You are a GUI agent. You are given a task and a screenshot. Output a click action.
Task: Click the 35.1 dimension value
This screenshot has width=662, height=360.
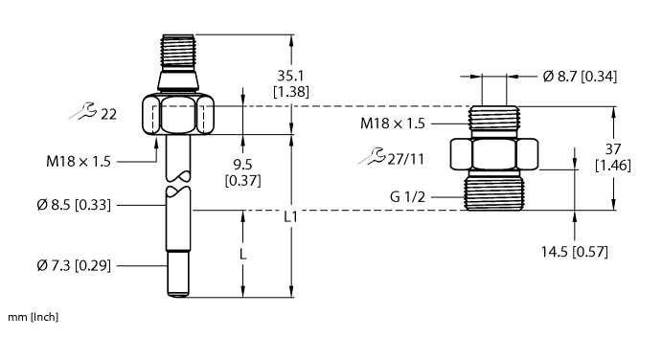(x=290, y=76)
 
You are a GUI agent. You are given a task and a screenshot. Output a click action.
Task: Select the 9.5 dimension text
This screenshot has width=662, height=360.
(x=242, y=164)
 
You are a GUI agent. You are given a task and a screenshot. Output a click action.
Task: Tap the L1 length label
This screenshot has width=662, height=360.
(x=290, y=217)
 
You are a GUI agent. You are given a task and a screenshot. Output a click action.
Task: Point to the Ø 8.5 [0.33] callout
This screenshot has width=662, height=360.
(x=74, y=205)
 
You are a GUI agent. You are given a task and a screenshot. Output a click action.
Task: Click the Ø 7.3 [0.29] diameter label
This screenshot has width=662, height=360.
(x=74, y=266)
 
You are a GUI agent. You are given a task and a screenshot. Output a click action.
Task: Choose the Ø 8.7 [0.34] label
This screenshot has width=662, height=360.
(x=580, y=77)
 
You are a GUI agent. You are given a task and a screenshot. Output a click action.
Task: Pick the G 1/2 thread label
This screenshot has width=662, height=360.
(x=407, y=196)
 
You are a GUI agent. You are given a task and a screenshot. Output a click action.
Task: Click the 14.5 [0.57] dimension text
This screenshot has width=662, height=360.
(x=575, y=252)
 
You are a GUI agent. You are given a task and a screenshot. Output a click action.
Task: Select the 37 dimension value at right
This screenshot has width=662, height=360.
(x=613, y=149)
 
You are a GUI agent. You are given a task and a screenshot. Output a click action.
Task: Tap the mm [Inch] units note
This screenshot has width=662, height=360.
(x=33, y=317)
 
